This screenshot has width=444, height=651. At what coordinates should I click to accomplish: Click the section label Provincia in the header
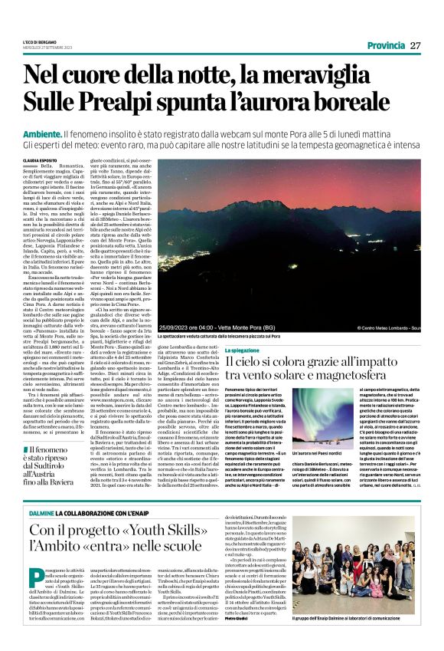[385, 45]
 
